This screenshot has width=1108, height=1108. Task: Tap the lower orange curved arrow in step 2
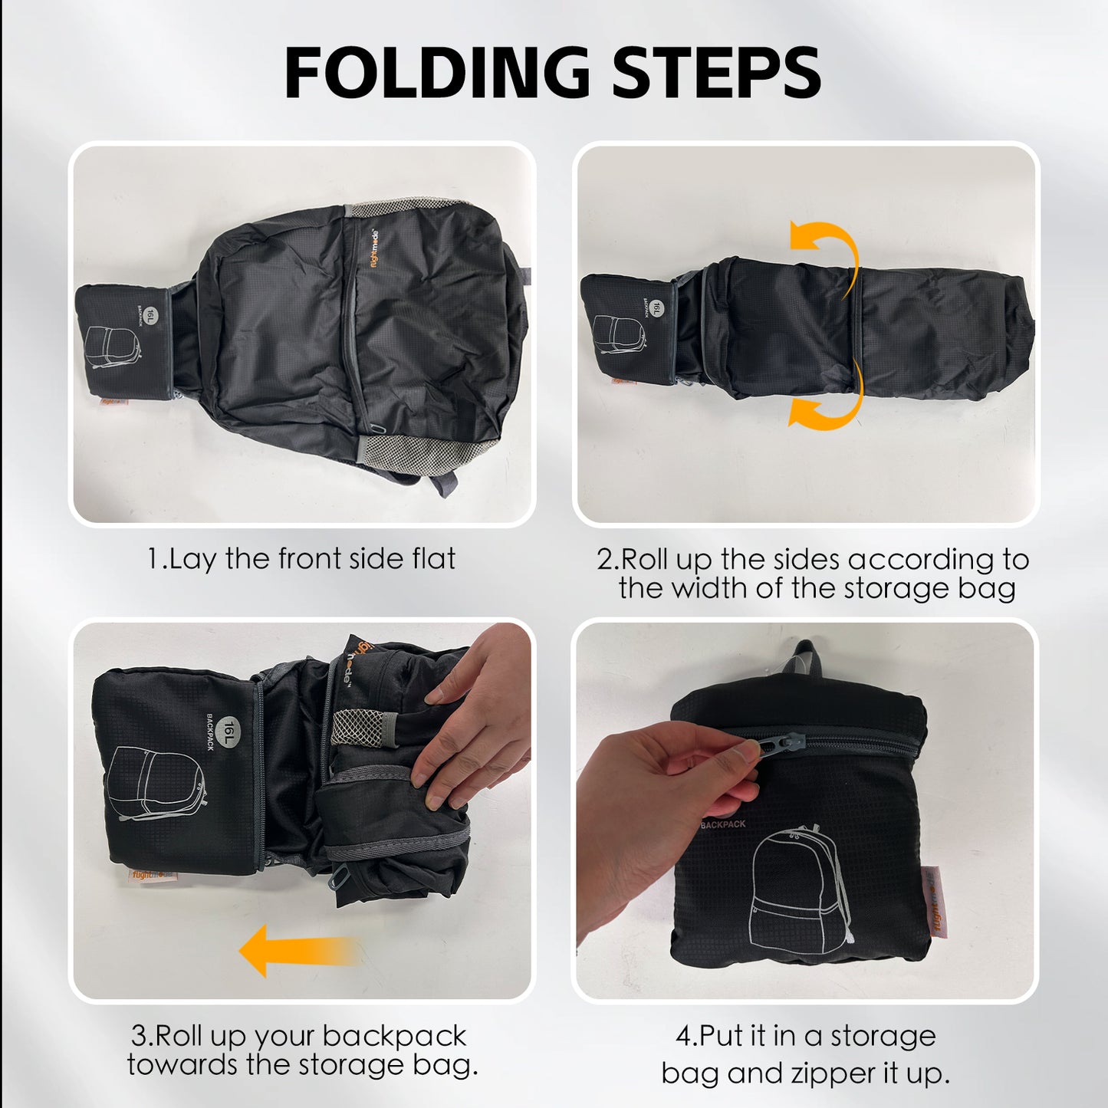pos(828,404)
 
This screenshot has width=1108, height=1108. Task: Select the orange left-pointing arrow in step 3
pos(295,951)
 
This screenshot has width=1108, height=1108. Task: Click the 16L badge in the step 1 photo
pos(150,315)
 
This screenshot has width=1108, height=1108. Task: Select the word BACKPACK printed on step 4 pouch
pos(722,824)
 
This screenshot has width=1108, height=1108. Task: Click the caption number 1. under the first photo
pos(156,558)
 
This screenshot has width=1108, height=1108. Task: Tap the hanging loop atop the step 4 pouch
pos(805,656)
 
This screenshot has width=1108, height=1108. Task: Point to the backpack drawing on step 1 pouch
pos(112,347)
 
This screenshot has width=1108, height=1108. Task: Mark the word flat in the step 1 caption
pos(434,558)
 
